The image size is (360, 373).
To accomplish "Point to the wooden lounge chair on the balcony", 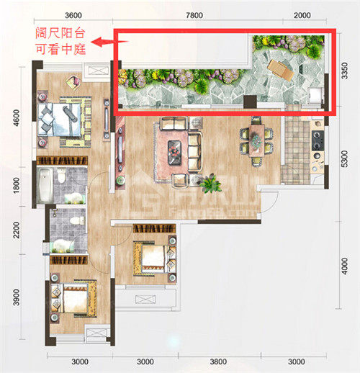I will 280,70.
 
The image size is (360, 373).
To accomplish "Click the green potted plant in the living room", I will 211,184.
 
